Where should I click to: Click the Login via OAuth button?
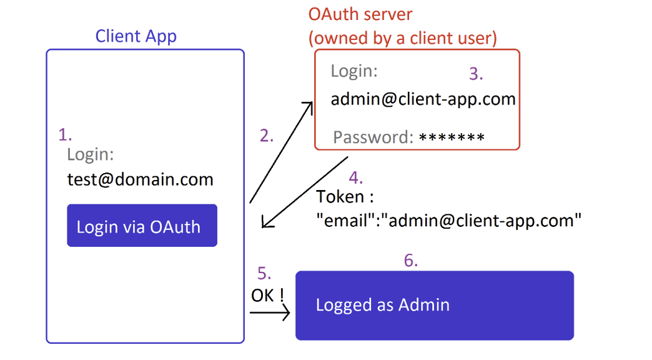click(142, 226)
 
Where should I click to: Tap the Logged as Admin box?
click(434, 305)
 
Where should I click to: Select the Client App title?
click(136, 36)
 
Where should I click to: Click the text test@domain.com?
click(140, 180)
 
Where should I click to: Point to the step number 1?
click(65, 134)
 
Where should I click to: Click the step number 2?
click(267, 136)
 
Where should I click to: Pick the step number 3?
click(476, 74)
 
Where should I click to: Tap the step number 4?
click(355, 177)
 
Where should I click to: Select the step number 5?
click(265, 273)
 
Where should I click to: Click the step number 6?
click(410, 260)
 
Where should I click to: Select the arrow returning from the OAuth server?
click(305, 192)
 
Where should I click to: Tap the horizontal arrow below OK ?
click(270, 311)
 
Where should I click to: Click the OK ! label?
click(267, 294)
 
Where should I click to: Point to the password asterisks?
click(452, 137)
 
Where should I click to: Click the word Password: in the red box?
click(373, 137)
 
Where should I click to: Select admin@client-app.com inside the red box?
click(423, 99)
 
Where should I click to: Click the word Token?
click(340, 197)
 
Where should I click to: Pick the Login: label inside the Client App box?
click(91, 154)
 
